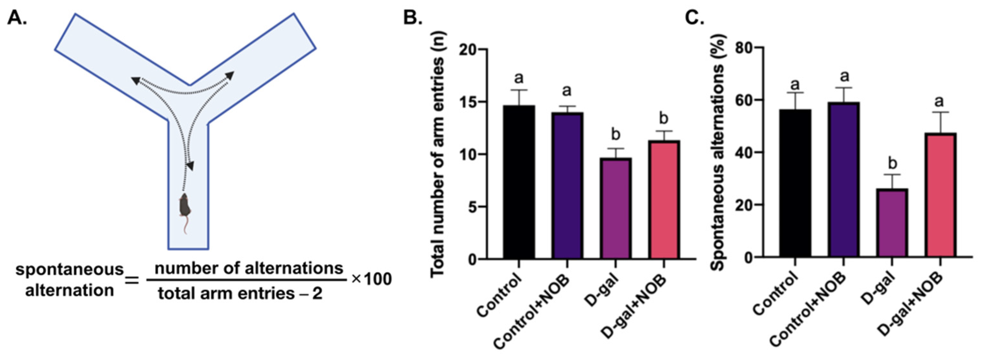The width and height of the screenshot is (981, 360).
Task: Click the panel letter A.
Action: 17,18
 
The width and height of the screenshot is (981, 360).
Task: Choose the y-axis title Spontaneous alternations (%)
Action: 719,152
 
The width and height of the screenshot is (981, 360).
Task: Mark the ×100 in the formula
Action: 371,280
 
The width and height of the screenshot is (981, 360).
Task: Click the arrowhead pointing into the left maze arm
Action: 135,79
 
